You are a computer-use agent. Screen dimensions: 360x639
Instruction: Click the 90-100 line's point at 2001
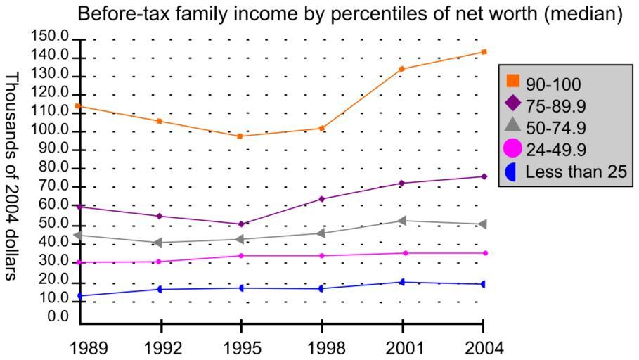402,69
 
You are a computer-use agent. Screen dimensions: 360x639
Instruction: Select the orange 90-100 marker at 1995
241,136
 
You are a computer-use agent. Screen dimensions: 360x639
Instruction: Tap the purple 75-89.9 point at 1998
322,199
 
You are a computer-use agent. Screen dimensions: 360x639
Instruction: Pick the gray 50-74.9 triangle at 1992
161,243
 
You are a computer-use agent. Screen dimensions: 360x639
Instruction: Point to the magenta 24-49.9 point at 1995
241,256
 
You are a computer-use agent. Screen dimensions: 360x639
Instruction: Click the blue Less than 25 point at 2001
402,282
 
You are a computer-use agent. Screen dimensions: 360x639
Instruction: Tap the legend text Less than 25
576,171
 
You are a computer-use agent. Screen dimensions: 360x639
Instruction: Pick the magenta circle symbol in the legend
513,148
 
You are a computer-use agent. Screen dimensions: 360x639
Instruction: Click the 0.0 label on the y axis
60,317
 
